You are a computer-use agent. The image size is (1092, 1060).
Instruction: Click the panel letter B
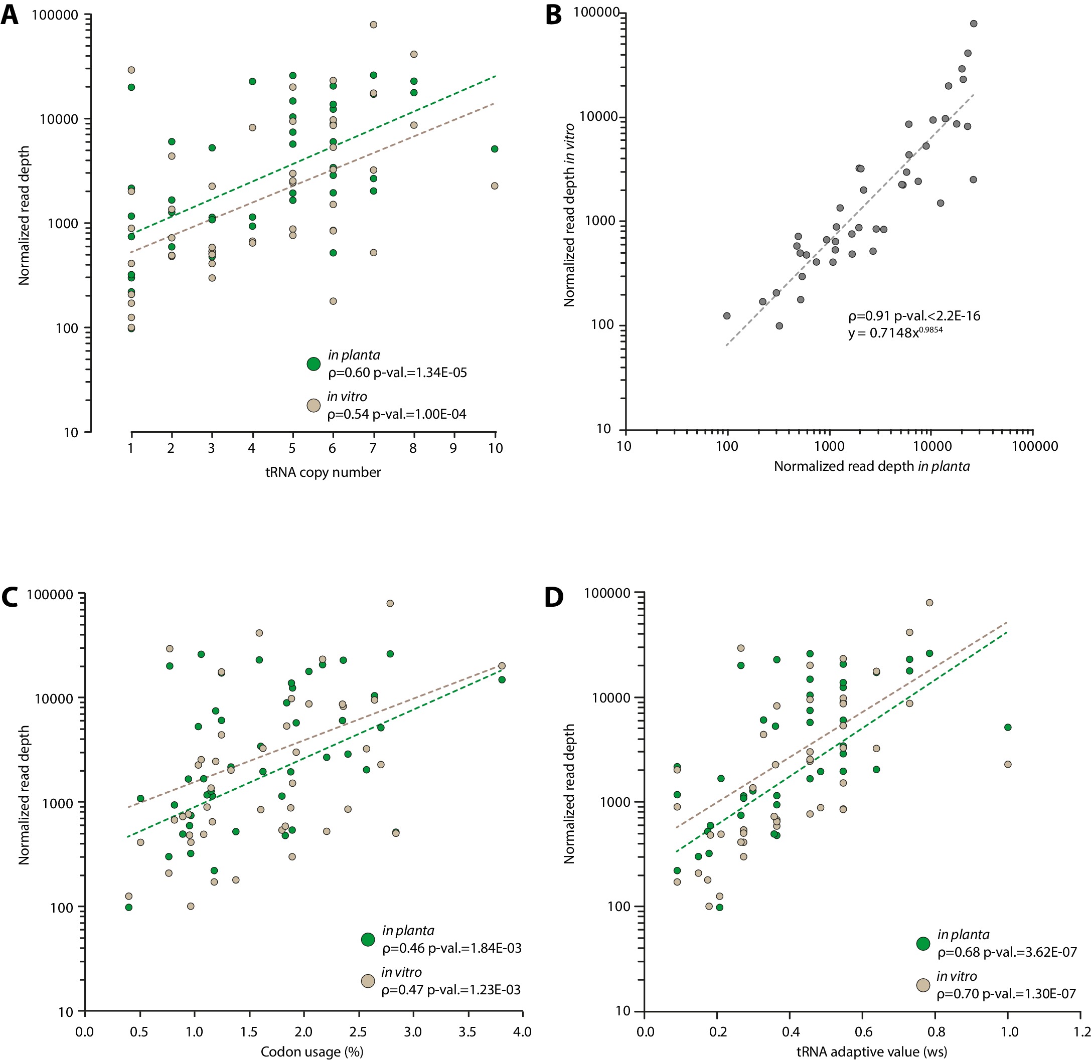coord(553,15)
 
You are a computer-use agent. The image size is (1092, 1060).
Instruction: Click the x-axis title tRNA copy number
coord(323,472)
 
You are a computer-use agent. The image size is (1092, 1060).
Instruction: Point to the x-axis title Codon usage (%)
coord(311,1051)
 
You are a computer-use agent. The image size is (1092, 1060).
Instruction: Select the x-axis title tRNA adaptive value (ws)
coord(871,1051)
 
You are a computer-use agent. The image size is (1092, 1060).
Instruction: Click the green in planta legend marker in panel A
coord(314,364)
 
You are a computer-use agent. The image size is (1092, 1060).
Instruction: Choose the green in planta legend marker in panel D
coord(923,944)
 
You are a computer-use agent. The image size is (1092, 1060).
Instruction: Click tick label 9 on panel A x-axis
coord(453,448)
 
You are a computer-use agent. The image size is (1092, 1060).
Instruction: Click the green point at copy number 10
coord(494,149)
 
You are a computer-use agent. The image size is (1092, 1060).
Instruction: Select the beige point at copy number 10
coord(494,186)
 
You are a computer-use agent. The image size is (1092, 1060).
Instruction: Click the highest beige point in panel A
coord(373,25)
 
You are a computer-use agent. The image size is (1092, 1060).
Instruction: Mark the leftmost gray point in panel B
coord(726,316)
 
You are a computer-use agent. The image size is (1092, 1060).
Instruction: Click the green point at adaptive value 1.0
coord(1007,727)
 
